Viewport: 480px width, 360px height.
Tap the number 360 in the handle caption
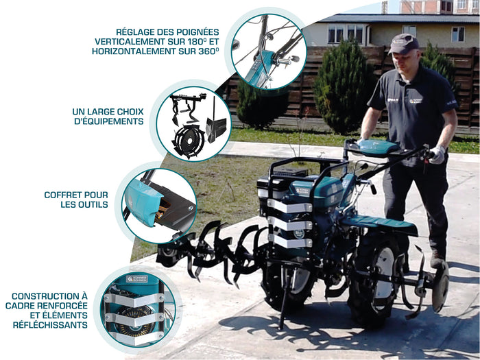(x=206, y=51)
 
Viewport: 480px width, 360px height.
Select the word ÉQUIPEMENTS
(x=108, y=121)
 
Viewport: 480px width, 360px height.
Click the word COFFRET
(x=64, y=195)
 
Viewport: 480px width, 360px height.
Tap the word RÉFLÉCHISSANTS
(x=50, y=325)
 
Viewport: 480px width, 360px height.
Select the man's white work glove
(x=438, y=154)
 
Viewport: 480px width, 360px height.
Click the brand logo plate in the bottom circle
(x=137, y=279)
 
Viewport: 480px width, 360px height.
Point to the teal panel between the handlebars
(x=379, y=147)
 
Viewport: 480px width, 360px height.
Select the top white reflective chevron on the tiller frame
(x=289, y=206)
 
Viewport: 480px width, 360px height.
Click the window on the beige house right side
(x=457, y=34)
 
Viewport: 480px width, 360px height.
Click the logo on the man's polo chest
(x=416, y=100)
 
